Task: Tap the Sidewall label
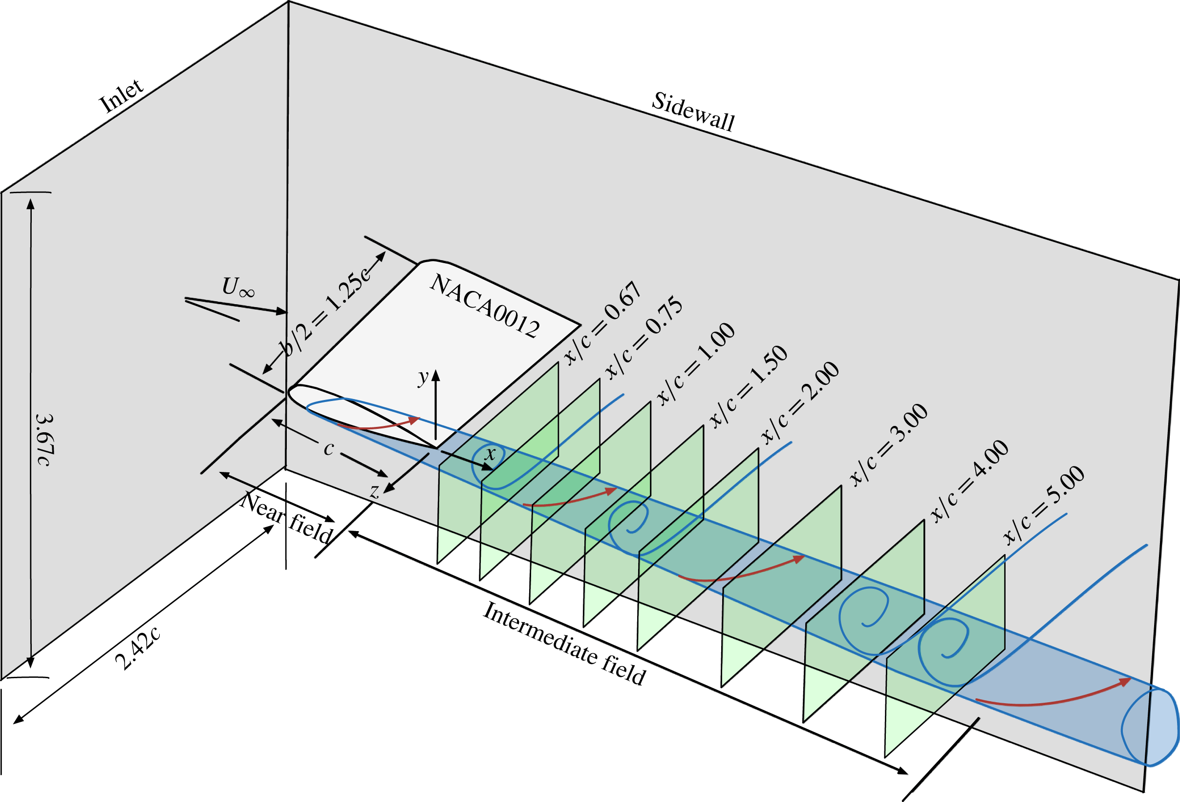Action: pos(693,112)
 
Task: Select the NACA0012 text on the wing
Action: pos(484,307)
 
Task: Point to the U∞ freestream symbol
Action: pos(237,288)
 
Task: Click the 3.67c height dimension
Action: pos(44,440)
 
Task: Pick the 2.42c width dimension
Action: pos(138,648)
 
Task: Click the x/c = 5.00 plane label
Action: pos(1045,505)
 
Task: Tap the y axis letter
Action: pos(423,378)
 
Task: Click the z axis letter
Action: pos(375,491)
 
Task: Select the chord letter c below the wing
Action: pos(329,448)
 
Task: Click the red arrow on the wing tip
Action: pos(378,424)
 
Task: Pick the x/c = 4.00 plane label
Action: pos(970,481)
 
